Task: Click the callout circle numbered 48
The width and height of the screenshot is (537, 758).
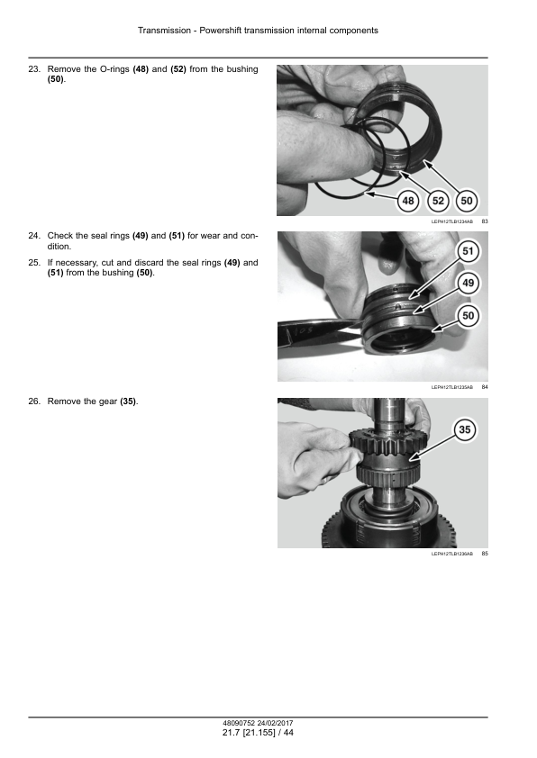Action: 408,201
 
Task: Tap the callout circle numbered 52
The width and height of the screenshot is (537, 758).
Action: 438,201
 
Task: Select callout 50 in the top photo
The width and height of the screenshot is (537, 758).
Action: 467,201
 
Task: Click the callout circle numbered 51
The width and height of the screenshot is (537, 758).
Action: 468,251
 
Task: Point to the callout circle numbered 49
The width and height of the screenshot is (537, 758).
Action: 468,283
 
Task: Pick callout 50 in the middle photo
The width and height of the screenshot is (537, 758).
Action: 468,316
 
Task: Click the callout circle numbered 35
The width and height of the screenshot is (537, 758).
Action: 464,429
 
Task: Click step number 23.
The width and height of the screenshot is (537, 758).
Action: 34,69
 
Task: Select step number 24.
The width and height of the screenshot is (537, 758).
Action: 34,236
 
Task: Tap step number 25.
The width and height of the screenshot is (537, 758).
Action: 34,263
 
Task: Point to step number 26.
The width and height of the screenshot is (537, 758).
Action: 34,402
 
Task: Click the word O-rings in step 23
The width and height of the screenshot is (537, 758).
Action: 114,69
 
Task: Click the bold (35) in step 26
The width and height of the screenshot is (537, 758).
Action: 128,402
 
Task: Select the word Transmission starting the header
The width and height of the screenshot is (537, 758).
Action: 165,31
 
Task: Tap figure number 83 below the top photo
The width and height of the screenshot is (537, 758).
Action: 485,221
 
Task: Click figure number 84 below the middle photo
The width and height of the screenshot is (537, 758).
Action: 485,387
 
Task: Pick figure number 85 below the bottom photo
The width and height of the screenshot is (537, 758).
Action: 485,554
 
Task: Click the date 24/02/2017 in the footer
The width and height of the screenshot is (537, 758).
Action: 275,723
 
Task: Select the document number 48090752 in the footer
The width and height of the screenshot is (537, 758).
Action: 239,723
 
